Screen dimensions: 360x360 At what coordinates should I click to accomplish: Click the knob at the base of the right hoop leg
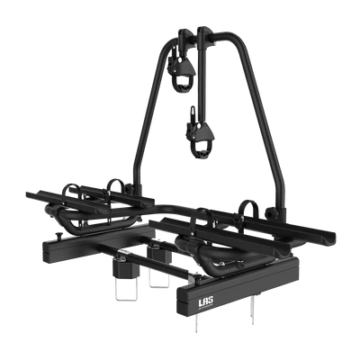pos(270,214)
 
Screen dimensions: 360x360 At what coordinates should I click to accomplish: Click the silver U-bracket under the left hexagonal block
pos(125,288)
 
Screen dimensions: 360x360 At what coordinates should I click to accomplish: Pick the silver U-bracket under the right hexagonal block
pos(159,275)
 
